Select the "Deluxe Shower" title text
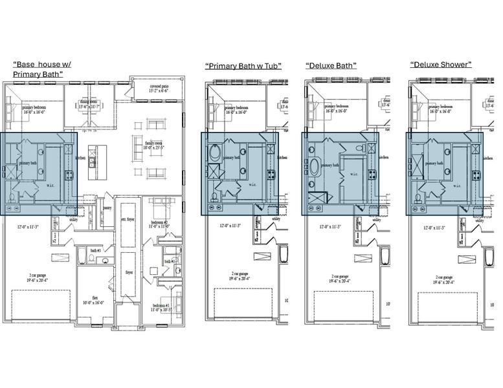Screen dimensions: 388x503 (440, 65)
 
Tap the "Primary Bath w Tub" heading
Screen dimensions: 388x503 (243, 66)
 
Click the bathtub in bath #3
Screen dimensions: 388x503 (82, 256)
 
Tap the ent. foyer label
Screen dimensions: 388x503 (128, 220)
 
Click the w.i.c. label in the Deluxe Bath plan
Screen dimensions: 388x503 (355, 173)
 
